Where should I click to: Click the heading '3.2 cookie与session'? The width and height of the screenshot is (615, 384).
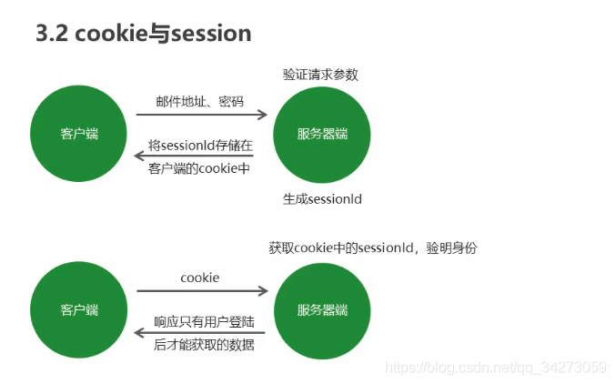coord(143,34)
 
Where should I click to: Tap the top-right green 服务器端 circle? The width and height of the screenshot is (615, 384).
coord(321,134)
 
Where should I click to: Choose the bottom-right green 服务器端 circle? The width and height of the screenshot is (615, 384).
coord(321,309)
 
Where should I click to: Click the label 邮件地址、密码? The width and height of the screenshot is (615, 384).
coord(200,101)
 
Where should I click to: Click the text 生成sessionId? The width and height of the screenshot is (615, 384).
coord(321,198)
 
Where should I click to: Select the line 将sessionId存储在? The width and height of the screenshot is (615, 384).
coord(200,145)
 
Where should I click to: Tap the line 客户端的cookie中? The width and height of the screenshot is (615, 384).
coord(199,168)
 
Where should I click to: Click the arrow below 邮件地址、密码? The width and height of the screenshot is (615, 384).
coord(202,116)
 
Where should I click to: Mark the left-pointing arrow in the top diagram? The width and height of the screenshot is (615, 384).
coord(202,157)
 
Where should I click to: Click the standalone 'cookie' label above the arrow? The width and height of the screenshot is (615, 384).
coord(200,277)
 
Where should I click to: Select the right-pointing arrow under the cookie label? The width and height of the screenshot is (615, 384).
coord(202,291)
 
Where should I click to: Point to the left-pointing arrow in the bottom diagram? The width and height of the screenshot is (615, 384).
coord(202,333)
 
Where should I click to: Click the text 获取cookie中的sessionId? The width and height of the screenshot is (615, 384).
coord(341,248)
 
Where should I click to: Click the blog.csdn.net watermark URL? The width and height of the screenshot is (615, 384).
coord(496,367)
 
